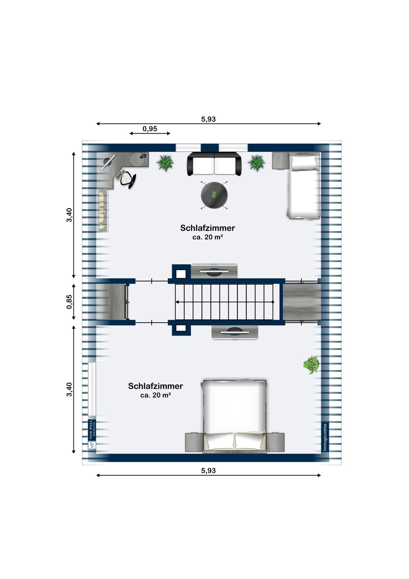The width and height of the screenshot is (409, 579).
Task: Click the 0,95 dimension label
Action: point(150,129)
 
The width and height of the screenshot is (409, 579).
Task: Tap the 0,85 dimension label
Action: point(69,301)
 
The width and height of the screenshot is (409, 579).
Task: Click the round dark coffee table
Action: point(214,195)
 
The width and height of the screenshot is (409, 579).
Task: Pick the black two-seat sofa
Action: point(215,164)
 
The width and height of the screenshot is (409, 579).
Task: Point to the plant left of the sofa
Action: point(165,163)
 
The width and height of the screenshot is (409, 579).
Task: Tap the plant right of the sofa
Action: point(257,163)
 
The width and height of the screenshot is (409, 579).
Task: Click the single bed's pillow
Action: point(304,163)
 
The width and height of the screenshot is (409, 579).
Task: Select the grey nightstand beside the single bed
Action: point(281,161)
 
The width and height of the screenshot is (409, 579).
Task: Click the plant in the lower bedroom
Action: point(311,364)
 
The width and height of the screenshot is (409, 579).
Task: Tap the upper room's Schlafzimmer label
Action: point(208,228)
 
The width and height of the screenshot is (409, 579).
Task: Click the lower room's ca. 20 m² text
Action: point(156,395)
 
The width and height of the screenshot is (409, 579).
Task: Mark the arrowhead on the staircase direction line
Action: point(177,301)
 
